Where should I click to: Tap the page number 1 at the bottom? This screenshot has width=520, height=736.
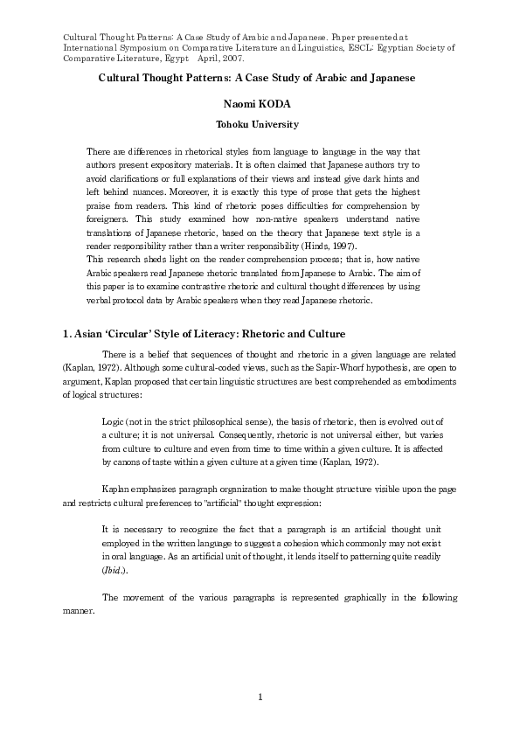coord(260,696)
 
